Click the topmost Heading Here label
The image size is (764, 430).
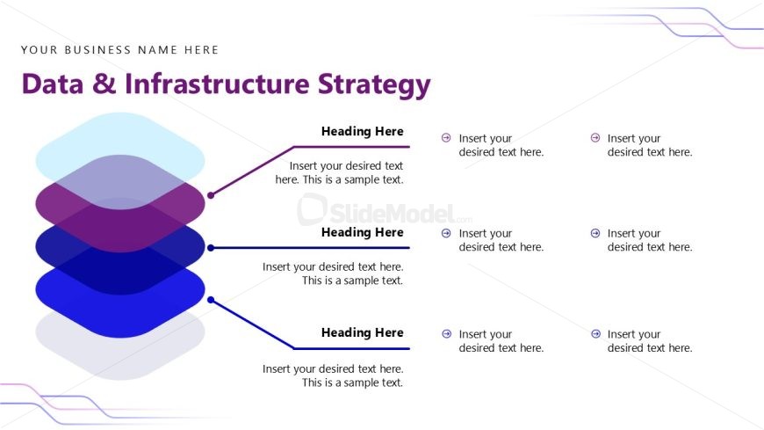click(x=362, y=131)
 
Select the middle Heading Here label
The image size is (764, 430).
click(x=362, y=232)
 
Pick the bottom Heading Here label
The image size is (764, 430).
click(x=362, y=332)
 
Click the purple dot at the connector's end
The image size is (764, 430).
click(x=211, y=195)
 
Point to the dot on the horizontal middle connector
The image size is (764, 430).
click(x=211, y=248)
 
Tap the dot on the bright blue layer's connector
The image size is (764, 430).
click(x=211, y=300)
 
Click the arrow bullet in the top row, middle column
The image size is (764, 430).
click(x=446, y=138)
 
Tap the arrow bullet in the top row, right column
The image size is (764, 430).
click(x=595, y=138)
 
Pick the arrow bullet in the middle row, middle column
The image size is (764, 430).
click(x=446, y=233)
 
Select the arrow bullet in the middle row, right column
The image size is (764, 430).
click(x=595, y=233)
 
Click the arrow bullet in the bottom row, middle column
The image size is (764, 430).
click(x=446, y=334)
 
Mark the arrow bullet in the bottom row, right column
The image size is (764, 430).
click(x=595, y=334)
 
